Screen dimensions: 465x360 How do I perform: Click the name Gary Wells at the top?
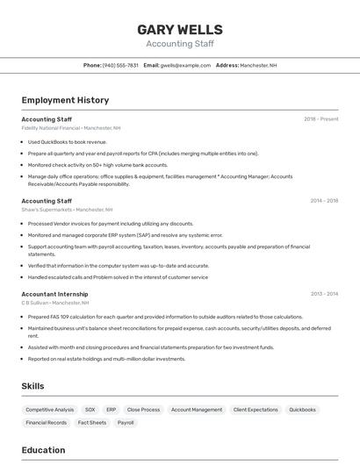coord(179,29)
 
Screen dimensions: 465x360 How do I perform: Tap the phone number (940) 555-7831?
coord(120,65)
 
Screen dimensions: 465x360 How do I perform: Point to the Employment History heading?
coord(65,100)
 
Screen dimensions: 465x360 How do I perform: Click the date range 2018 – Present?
coord(320,118)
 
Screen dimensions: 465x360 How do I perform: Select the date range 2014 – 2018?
coord(323,200)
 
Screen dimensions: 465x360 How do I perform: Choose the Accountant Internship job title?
coord(54,294)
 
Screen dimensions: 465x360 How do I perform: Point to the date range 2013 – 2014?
coord(323,294)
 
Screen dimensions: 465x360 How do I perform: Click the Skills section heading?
coord(33,386)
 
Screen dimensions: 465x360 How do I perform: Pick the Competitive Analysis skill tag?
coord(49,410)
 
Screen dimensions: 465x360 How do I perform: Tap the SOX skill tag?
coord(90,410)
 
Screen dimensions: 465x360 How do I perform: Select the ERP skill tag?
coord(112,410)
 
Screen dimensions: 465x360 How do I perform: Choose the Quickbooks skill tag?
coord(302,410)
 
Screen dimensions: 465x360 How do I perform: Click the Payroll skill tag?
coord(126,423)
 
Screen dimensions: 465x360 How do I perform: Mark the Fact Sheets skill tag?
coord(92,423)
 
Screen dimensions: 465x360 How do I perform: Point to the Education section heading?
coord(43,450)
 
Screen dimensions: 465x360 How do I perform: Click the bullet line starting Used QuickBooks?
coord(67,141)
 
